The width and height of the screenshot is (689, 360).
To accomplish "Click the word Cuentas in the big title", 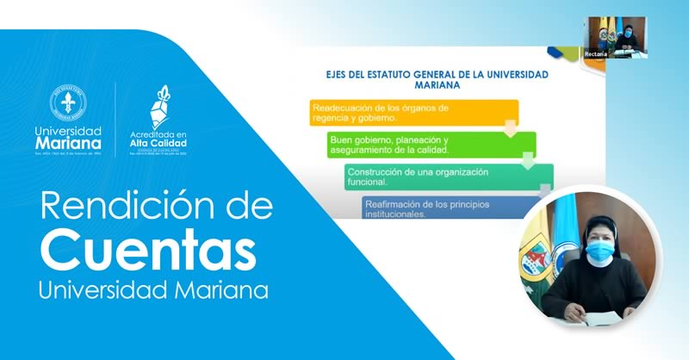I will [x=148, y=251].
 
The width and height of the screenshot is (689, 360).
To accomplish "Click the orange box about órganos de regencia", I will [x=413, y=113].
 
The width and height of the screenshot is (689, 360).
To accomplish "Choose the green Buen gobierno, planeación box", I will [x=431, y=145].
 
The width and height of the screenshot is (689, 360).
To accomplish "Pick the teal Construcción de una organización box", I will [x=448, y=177].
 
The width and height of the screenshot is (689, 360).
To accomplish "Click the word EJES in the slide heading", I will [x=333, y=75].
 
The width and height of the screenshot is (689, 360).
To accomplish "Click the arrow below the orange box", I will [x=510, y=132].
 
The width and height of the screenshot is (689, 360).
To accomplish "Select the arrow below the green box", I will [x=527, y=163].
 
